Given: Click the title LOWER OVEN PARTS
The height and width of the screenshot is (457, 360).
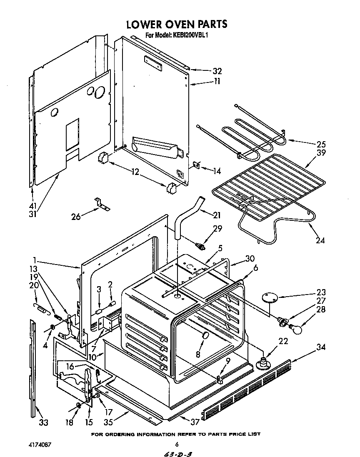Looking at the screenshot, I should pyautogui.click(x=177, y=24).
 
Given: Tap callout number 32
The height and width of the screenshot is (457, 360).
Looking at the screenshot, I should pyautogui.click(x=217, y=71).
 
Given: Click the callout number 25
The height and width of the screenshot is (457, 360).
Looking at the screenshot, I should pyautogui.click(x=320, y=145).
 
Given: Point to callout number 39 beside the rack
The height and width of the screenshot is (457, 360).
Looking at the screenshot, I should pyautogui.click(x=320, y=153).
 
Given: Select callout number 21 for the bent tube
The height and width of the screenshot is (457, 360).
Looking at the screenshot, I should pyautogui.click(x=217, y=215).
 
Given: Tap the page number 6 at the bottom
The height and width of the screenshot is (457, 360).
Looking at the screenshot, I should pyautogui.click(x=177, y=445).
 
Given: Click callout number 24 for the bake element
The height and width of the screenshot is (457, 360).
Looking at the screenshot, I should pyautogui.click(x=320, y=240).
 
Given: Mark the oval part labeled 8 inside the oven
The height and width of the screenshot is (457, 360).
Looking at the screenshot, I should pyautogui.click(x=205, y=336).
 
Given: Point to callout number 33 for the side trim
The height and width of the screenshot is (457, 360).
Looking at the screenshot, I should pyautogui.click(x=43, y=423).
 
